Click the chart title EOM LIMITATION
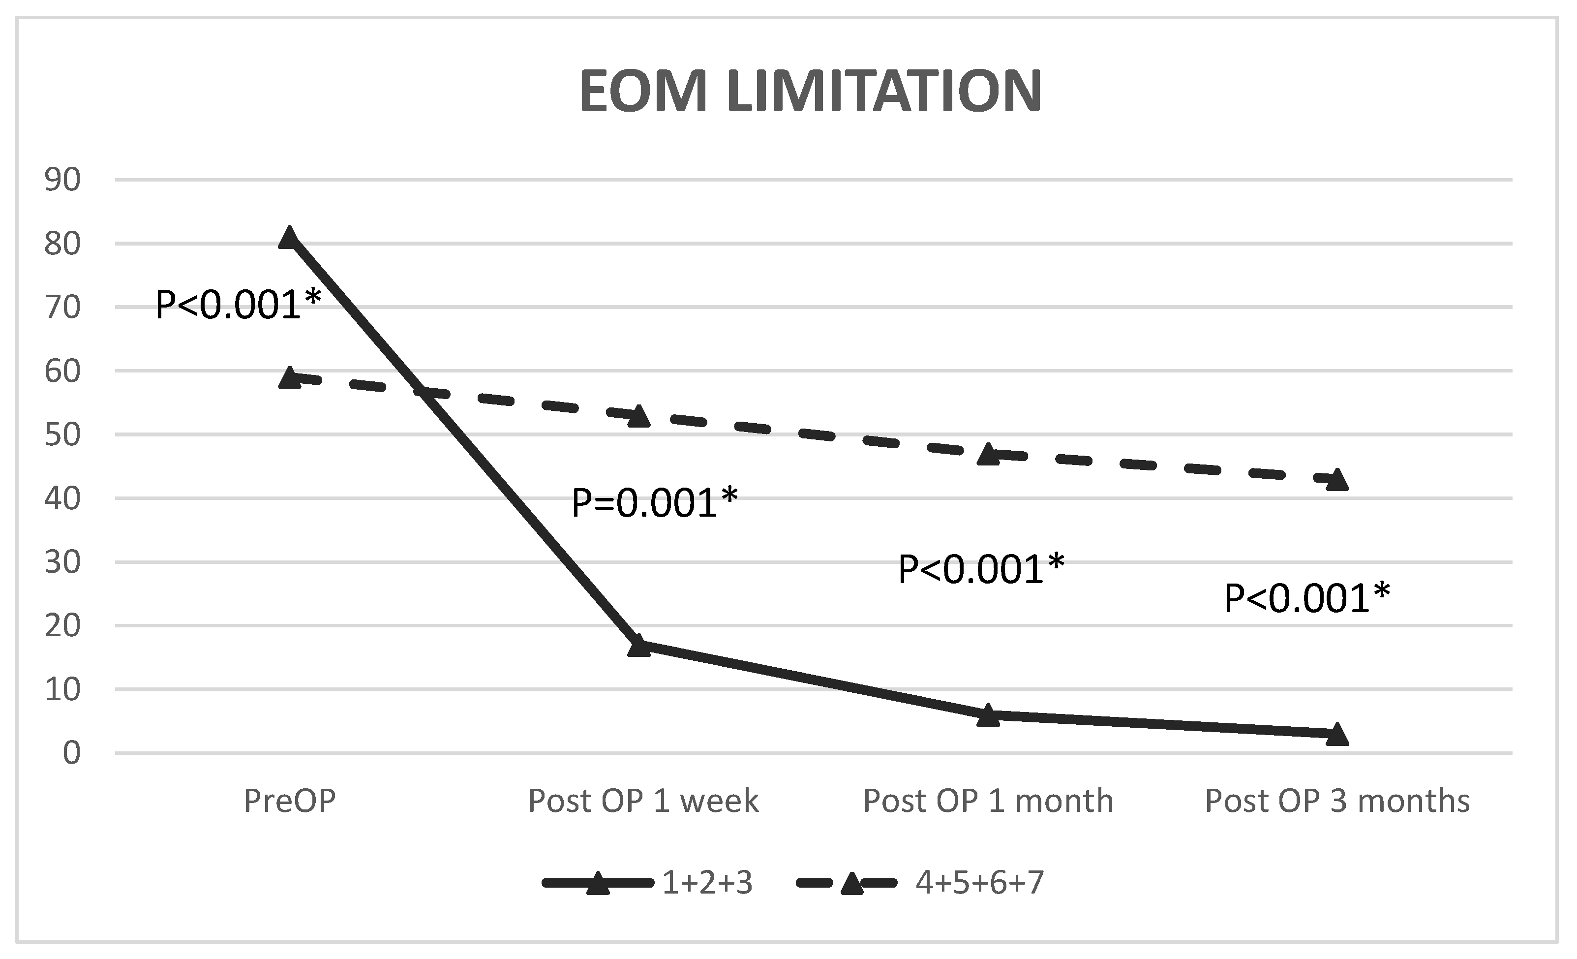(x=810, y=92)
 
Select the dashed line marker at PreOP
(x=289, y=378)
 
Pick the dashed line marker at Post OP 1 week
(x=639, y=417)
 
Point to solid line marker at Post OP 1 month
(x=988, y=715)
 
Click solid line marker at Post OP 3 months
(x=1337, y=734)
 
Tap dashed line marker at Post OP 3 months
(x=1337, y=479)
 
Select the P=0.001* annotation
(x=654, y=502)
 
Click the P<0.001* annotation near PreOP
(x=238, y=304)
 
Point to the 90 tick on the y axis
(x=63, y=181)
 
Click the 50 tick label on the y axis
(x=63, y=435)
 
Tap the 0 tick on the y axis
(x=71, y=753)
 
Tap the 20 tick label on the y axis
(x=63, y=626)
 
